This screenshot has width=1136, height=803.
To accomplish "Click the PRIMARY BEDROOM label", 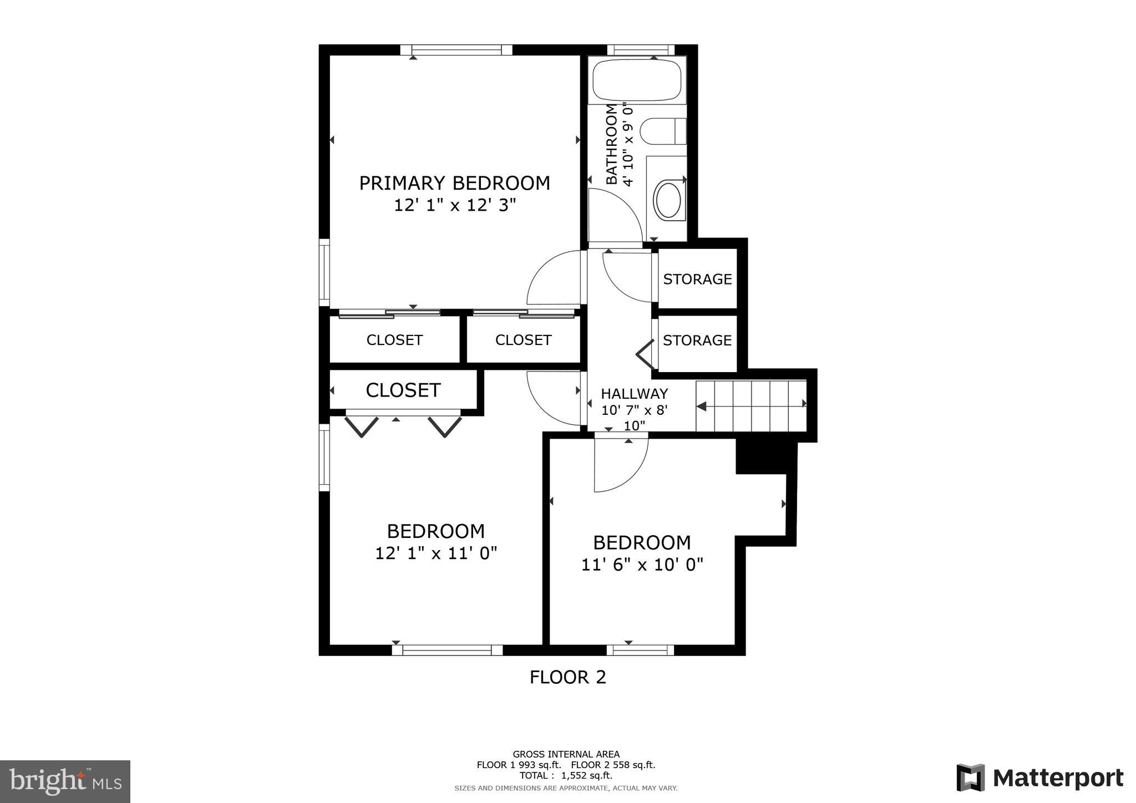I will [x=454, y=183].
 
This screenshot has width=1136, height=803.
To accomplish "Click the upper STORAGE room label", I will [x=697, y=279].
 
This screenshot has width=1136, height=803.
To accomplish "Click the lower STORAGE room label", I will [x=697, y=340].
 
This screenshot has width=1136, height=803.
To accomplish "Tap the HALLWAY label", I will [x=634, y=394].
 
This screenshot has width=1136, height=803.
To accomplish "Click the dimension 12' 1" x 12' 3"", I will [x=455, y=206].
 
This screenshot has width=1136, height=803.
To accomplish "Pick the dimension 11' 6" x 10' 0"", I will [x=642, y=565].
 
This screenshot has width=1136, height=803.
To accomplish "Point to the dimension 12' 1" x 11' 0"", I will [x=436, y=553].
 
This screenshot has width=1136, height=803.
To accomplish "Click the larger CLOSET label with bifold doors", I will [x=403, y=390].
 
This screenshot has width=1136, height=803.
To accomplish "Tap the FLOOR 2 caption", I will [x=567, y=677].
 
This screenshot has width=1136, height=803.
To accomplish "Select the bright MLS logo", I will [x=65, y=782].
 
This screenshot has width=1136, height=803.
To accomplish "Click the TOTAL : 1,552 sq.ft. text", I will [x=566, y=775].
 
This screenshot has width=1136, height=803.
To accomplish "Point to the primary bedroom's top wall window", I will [x=457, y=50].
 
